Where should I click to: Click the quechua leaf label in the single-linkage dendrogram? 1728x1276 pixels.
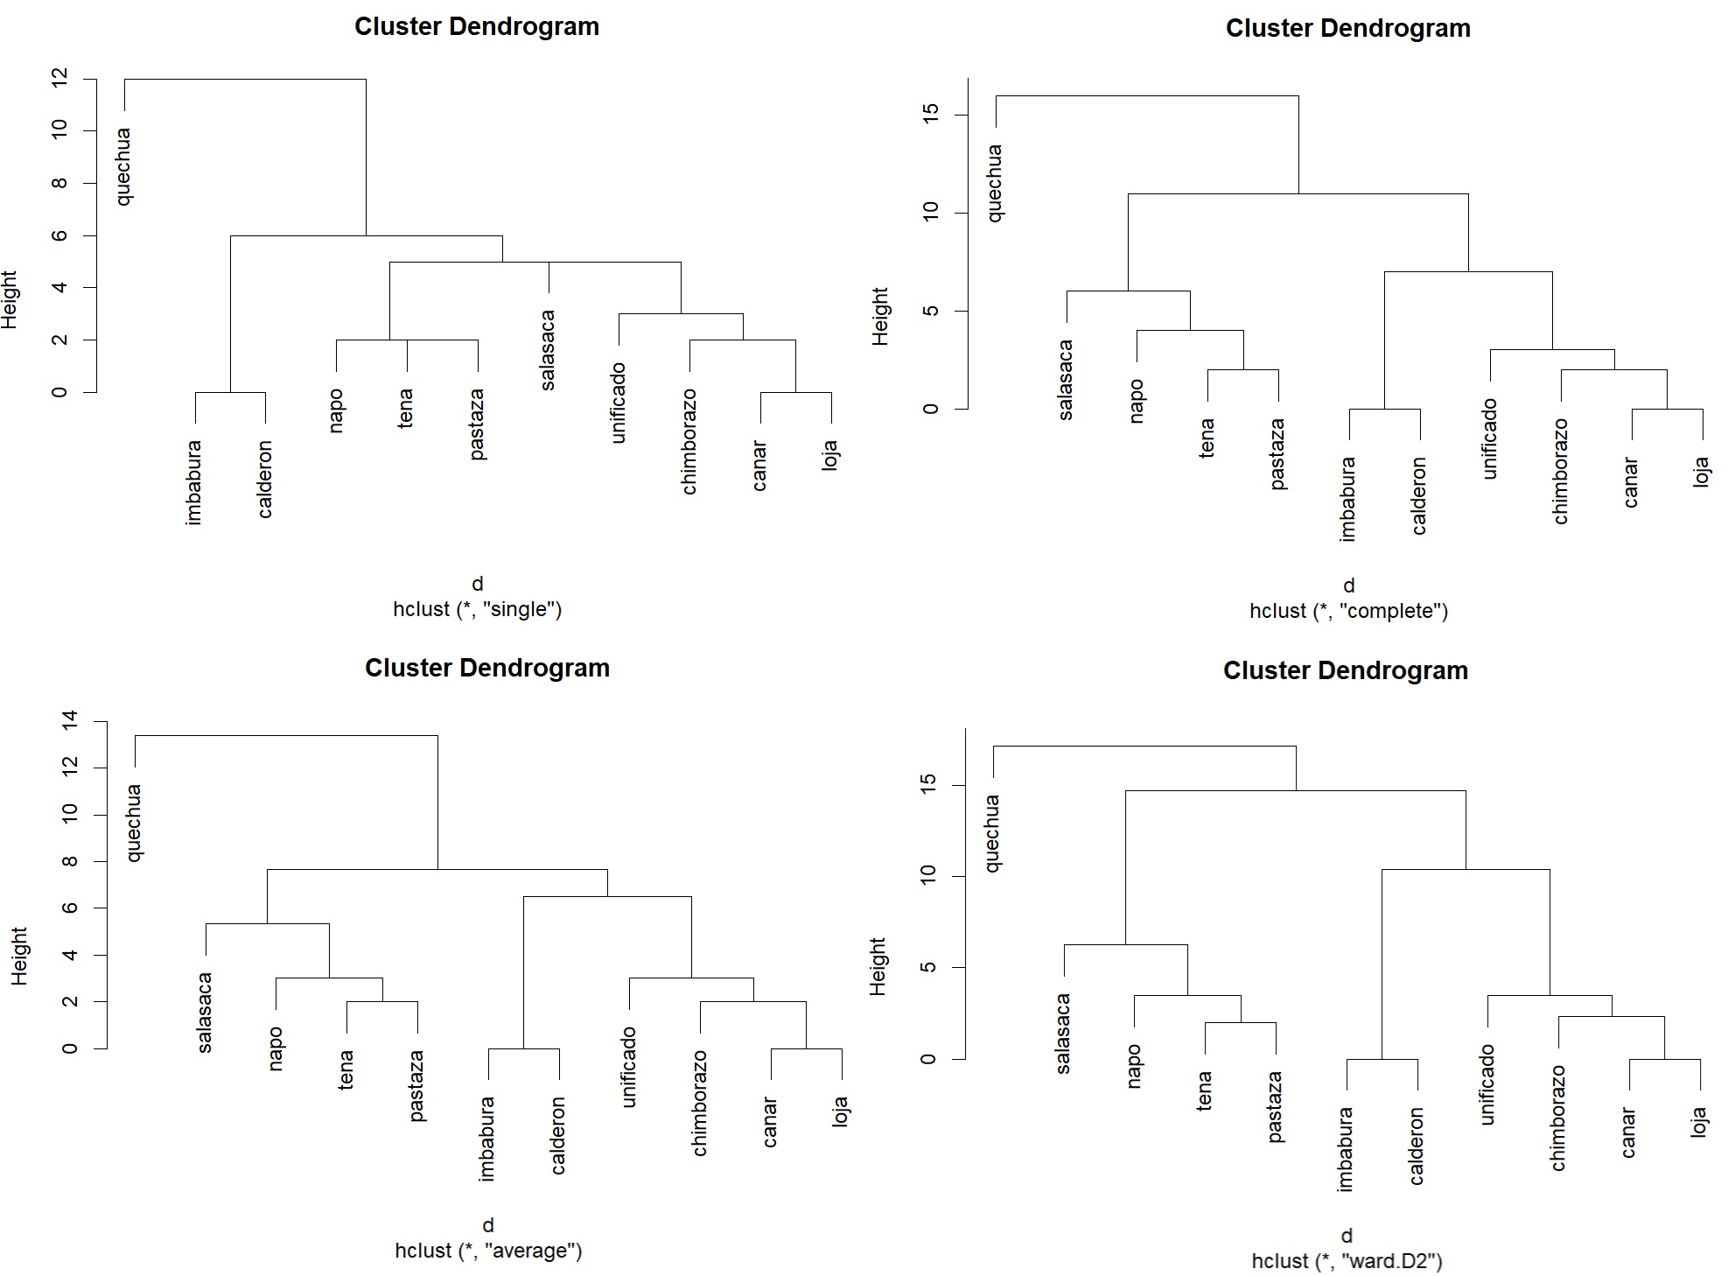[x=124, y=166]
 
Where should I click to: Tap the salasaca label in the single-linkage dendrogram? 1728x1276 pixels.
[x=548, y=350]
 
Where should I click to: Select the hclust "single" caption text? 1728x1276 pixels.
[x=477, y=610]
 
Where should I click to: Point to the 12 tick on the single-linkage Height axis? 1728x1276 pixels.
[x=59, y=79]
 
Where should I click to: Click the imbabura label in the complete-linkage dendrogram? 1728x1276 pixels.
[x=1348, y=499]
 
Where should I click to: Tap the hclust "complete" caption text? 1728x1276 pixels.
[x=1348, y=612]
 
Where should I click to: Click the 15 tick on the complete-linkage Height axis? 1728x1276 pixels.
[x=931, y=115]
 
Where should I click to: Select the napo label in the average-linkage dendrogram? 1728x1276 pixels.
[x=276, y=1048]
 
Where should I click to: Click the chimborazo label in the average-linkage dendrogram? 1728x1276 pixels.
[x=700, y=1104]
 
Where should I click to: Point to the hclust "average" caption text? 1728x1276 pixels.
[x=488, y=1251]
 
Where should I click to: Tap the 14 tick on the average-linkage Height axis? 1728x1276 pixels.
[x=71, y=720]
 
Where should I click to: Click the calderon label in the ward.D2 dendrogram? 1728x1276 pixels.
[x=1417, y=1146]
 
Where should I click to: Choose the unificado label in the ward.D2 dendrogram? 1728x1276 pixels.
[x=1487, y=1085]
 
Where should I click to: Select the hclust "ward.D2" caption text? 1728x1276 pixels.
[x=1347, y=1261]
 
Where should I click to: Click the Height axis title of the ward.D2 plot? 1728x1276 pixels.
[x=878, y=967]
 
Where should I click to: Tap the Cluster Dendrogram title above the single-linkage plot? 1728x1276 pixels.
[x=477, y=27]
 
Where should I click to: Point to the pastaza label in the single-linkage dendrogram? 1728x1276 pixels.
[x=478, y=424]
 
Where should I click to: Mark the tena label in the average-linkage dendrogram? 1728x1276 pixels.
[x=346, y=1069]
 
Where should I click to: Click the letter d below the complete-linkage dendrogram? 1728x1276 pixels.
[x=1348, y=585]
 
